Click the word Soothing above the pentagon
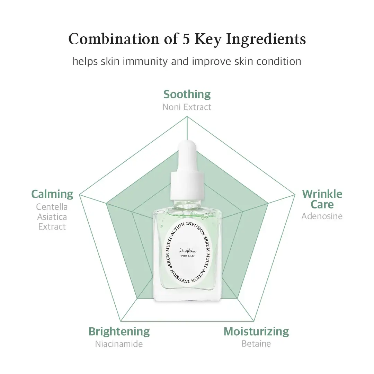(187, 95)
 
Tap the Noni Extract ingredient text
(187, 107)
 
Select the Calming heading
(52, 194)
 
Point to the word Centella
(52, 207)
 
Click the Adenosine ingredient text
(322, 216)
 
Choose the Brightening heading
(119, 331)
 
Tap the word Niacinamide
(119, 344)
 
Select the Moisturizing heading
(256, 331)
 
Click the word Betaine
(256, 344)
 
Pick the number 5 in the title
(186, 39)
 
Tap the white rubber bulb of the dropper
(187, 156)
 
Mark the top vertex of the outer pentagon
(187, 116)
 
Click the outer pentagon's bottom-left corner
(121, 321)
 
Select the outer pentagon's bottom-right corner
(254, 321)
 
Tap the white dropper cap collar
(187, 186)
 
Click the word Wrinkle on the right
(322, 194)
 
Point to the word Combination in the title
(114, 39)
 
